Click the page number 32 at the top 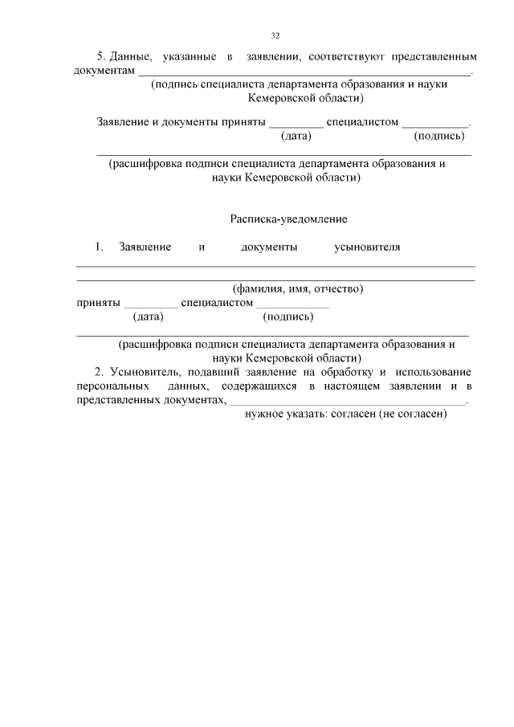click(x=275, y=36)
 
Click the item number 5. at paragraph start click(x=101, y=57)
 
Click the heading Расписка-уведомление click(x=288, y=218)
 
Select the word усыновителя click(x=367, y=247)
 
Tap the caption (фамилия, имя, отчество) click(x=297, y=288)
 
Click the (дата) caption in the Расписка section click(x=148, y=317)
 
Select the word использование click(x=434, y=372)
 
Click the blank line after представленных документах click(x=346, y=402)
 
